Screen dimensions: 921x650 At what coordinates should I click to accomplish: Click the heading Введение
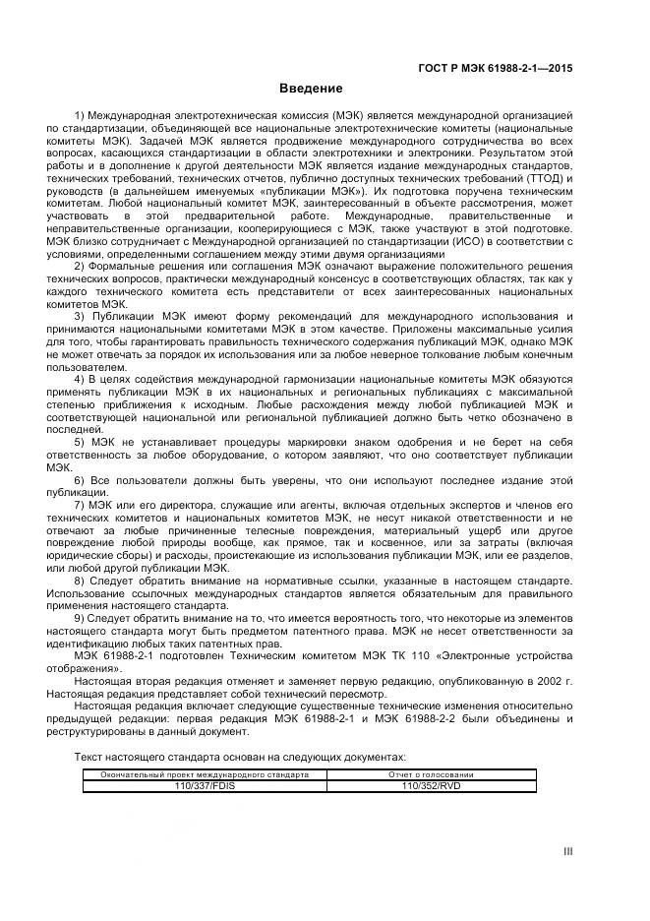[x=311, y=89]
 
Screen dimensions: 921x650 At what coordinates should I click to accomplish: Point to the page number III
[x=567, y=851]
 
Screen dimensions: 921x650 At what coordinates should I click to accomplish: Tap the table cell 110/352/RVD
[x=431, y=786]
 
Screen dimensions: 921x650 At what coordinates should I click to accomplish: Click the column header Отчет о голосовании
[x=431, y=774]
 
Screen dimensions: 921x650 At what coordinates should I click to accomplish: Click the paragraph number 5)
[x=82, y=444]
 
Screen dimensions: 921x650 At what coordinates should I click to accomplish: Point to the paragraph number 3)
[x=82, y=318]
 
